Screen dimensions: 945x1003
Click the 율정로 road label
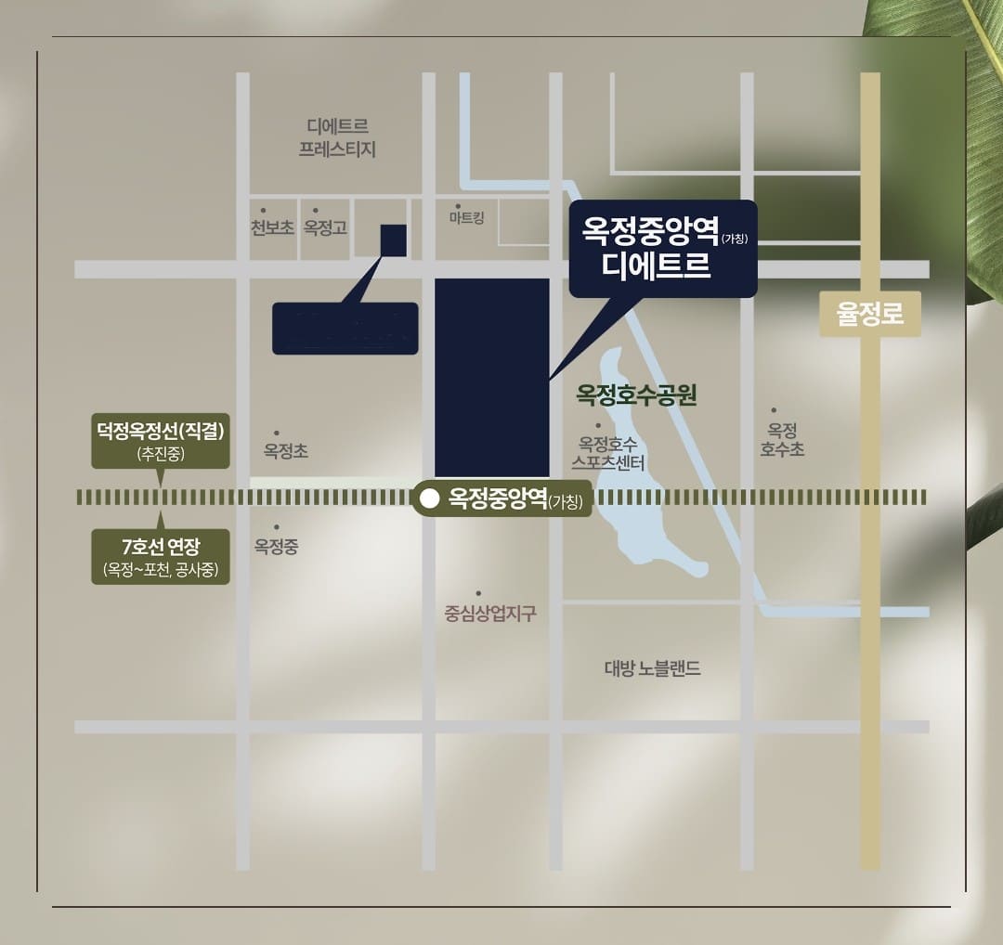point(869,314)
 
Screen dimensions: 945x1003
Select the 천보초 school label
point(272,227)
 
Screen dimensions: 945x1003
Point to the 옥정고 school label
point(325,227)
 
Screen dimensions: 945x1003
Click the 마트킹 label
point(466,217)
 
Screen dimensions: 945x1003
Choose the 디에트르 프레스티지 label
point(337,137)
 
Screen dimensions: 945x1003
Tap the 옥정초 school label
point(285,451)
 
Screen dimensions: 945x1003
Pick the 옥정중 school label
point(277,546)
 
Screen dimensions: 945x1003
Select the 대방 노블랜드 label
point(652,668)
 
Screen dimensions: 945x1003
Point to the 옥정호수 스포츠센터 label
point(608,453)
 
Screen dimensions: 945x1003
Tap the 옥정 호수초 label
point(782,440)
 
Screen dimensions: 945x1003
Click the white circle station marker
point(429,499)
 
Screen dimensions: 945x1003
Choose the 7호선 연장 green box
point(161,556)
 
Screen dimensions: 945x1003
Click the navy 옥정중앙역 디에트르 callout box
point(663,249)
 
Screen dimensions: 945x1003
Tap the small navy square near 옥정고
point(393,239)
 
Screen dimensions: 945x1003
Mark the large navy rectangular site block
point(492,377)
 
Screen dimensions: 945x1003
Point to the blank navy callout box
point(345,329)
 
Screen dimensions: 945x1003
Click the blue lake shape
point(650,520)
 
